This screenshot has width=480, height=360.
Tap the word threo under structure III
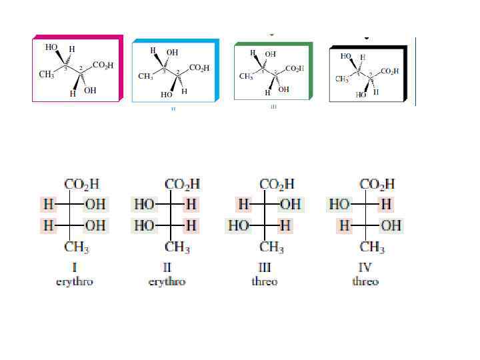click(264, 281)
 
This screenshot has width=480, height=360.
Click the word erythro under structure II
click(166, 281)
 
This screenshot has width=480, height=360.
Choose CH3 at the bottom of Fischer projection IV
click(372, 248)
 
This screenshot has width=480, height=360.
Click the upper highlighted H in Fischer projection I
click(49, 203)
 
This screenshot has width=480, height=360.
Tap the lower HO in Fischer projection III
click(239, 226)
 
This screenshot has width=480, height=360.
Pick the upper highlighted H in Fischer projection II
click(191, 203)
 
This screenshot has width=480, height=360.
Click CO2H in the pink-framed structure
click(103, 65)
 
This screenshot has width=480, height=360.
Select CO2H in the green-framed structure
click(295, 68)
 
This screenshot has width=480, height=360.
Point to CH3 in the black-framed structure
click(343, 79)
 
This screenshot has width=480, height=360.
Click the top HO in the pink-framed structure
click(51, 48)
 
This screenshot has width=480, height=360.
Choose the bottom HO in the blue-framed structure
click(166, 95)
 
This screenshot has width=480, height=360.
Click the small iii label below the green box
click(273, 105)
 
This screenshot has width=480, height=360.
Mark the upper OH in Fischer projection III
click(289, 203)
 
